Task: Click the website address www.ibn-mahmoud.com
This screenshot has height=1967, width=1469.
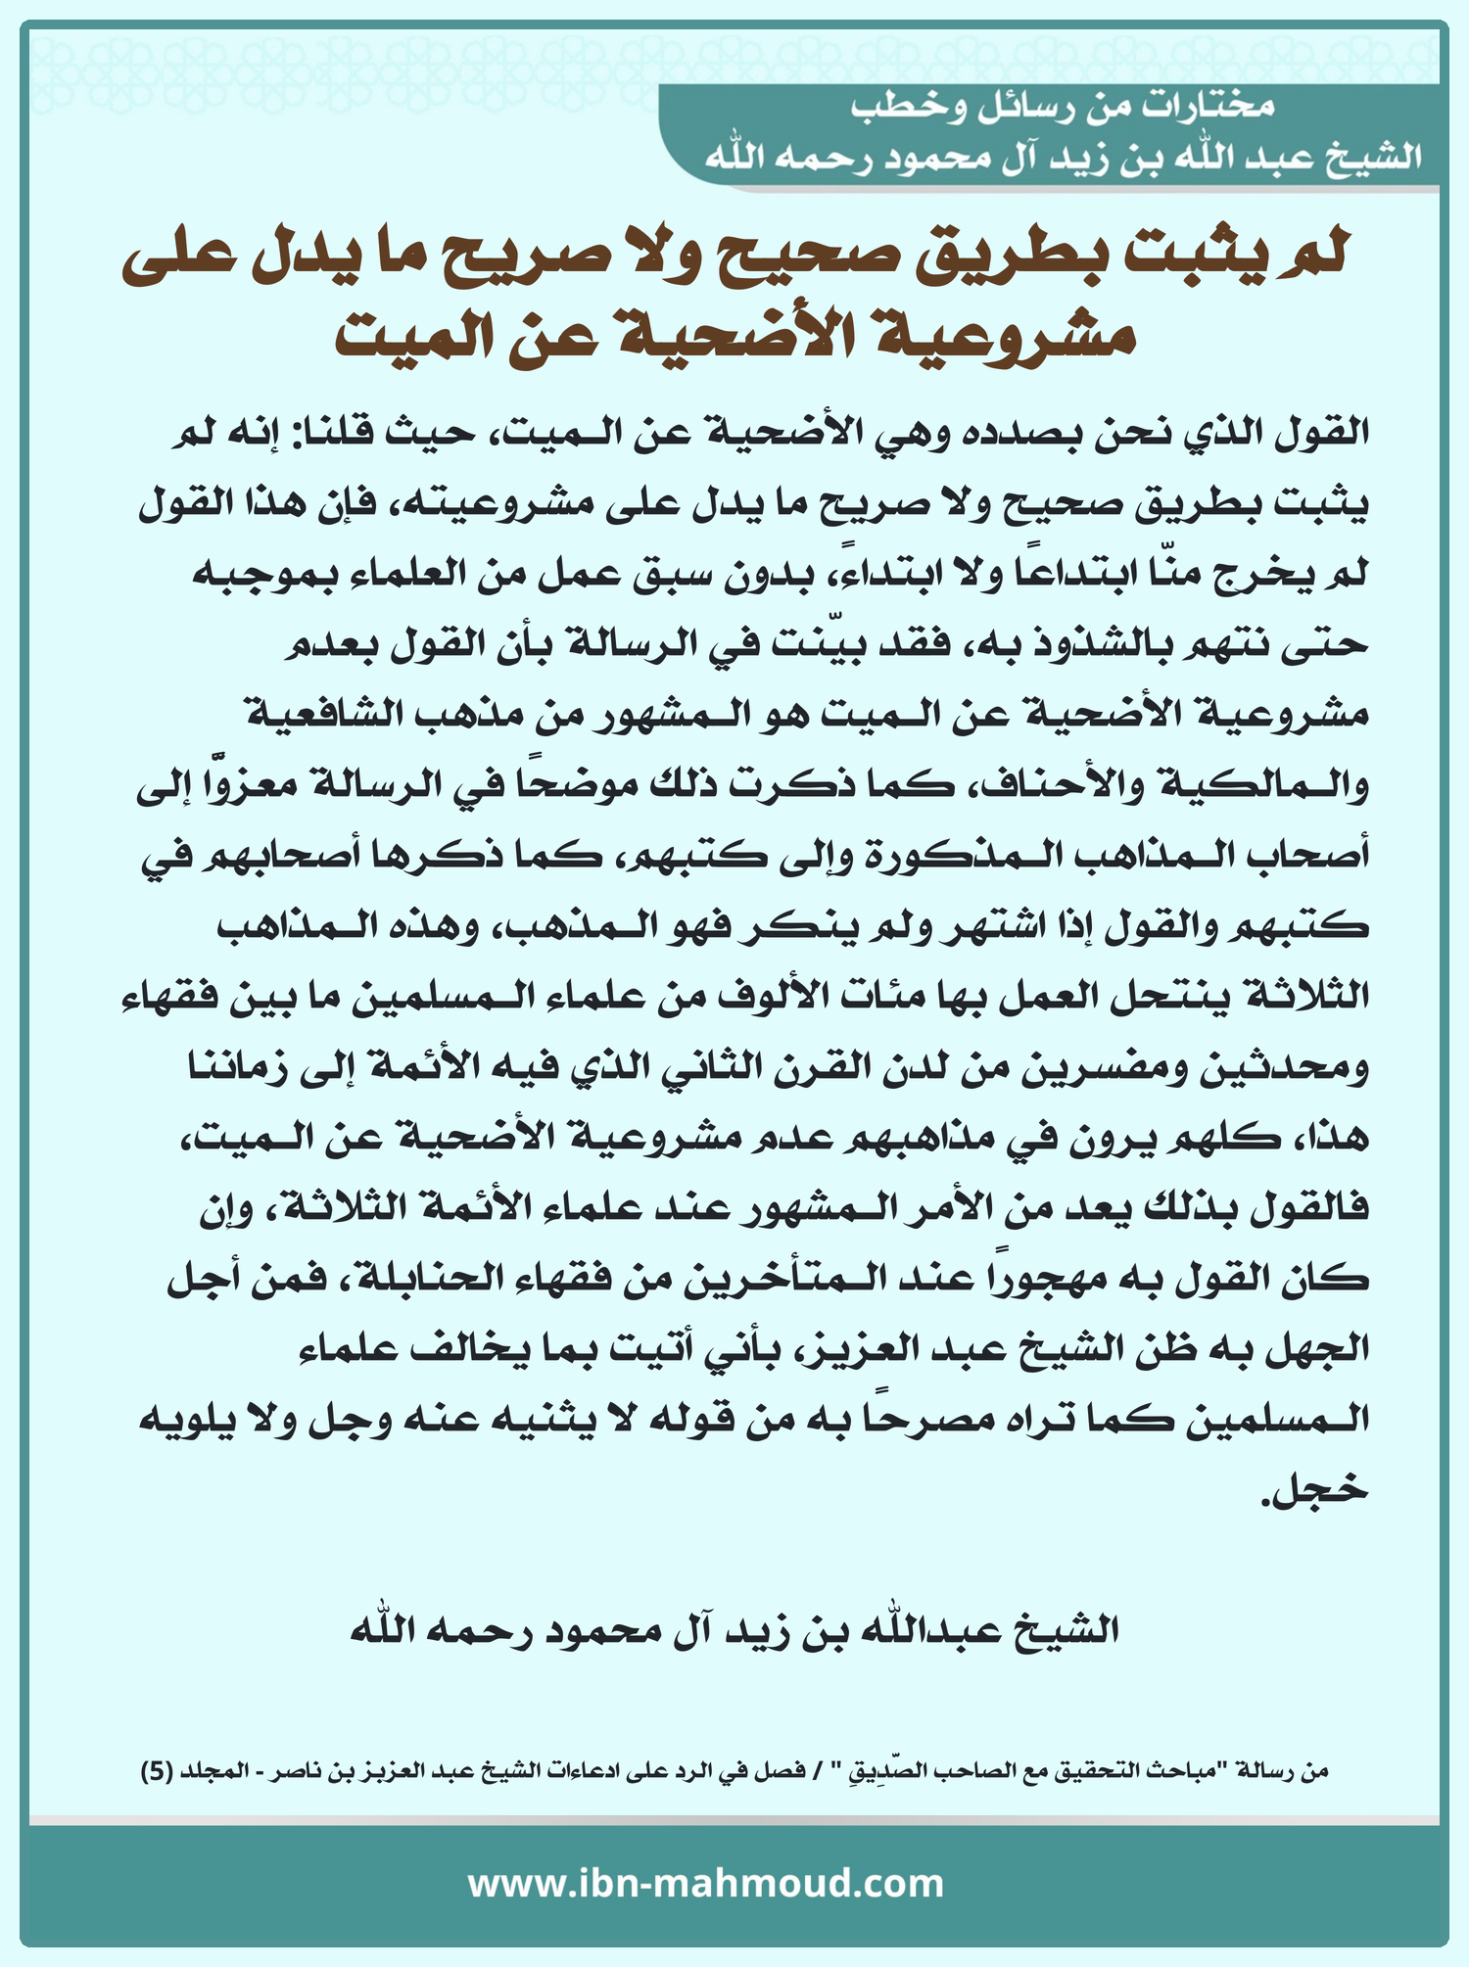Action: [705, 1884]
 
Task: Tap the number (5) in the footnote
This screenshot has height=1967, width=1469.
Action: [158, 1770]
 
